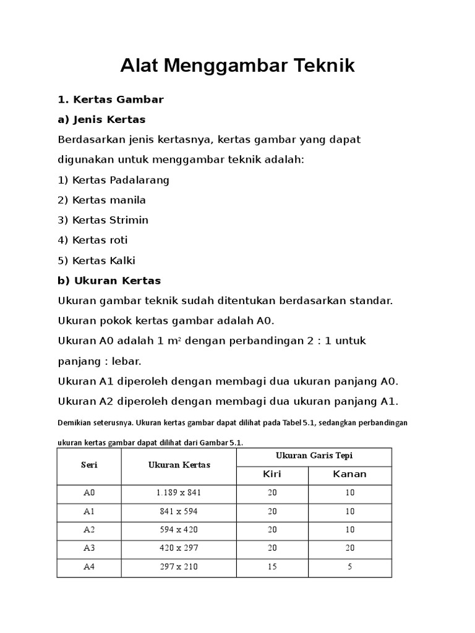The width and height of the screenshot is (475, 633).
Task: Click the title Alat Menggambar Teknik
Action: (237, 66)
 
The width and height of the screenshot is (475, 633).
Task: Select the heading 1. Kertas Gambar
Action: (110, 100)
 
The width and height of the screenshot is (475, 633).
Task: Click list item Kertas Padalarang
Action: (113, 180)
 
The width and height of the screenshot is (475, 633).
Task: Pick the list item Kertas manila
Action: (101, 200)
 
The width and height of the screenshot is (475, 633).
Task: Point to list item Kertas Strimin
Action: (103, 220)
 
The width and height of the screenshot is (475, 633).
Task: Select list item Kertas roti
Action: (93, 240)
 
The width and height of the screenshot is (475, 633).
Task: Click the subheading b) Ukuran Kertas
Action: (109, 281)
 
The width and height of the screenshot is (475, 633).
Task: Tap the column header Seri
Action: (89, 465)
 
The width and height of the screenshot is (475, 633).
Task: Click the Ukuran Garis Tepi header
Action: (314, 456)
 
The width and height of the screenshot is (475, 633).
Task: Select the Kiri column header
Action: (272, 475)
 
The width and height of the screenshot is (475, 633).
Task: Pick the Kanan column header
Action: (349, 475)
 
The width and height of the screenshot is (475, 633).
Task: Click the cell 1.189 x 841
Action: (179, 493)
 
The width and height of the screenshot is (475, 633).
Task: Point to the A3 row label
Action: (89, 548)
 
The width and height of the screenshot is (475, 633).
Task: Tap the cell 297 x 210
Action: (179, 567)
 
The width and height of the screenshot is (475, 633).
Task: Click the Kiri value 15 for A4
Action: (272, 567)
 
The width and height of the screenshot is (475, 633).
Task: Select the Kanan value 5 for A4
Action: (349, 567)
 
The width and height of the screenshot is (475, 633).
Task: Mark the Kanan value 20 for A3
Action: (349, 548)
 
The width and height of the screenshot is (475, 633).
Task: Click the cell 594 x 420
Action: (179, 530)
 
